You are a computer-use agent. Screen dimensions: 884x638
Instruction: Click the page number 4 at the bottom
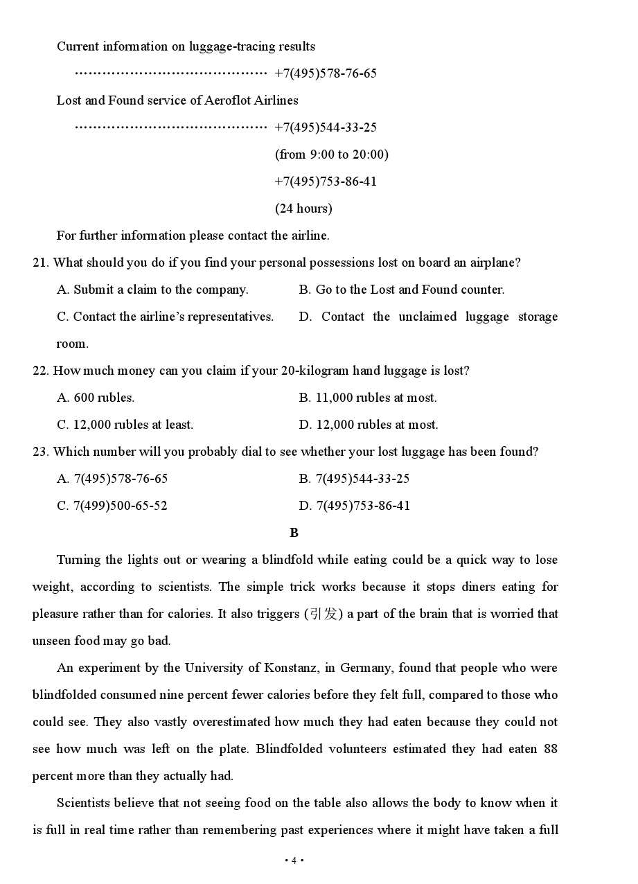tap(294, 860)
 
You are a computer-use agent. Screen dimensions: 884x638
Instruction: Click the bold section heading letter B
tap(294, 533)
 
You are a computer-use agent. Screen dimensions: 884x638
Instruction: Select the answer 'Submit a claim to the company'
tap(161, 290)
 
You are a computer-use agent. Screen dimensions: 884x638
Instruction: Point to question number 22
tap(40, 371)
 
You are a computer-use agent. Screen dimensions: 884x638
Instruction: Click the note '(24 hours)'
tap(303, 209)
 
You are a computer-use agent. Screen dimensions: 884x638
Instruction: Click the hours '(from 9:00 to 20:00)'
tap(332, 154)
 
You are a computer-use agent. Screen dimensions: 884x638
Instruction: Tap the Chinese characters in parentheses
tap(324, 614)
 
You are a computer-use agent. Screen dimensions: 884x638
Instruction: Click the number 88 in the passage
tap(550, 749)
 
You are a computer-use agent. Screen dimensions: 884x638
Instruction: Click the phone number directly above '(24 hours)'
tap(326, 182)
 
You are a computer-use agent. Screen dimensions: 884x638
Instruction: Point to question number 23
tap(40, 452)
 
